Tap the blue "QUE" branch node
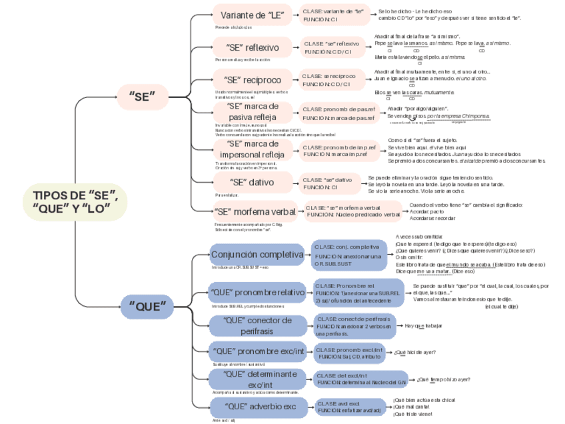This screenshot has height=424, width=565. [x=148, y=307]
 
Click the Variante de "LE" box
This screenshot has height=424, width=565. [x=253, y=15]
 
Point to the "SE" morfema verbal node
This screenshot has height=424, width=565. [x=255, y=212]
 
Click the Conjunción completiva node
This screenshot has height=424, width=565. [x=257, y=255]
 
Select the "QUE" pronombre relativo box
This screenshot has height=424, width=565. [x=257, y=292]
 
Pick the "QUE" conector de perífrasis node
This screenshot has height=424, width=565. [x=258, y=325]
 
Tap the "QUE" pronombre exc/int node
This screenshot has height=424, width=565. [x=257, y=351]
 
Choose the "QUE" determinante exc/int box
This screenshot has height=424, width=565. [x=254, y=379]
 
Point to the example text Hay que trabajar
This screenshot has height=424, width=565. [x=424, y=326]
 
